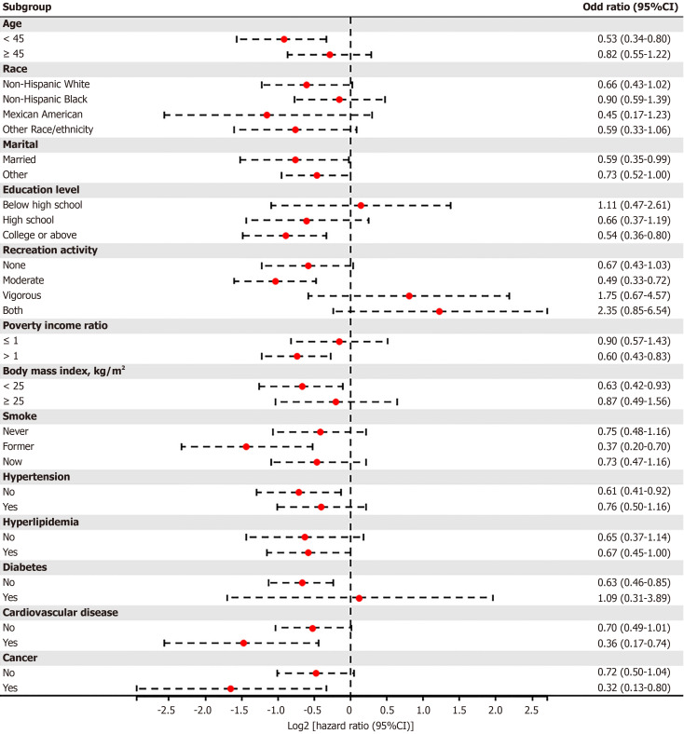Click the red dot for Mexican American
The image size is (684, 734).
coord(267,115)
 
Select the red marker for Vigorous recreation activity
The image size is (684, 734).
coord(409,296)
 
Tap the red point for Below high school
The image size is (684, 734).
coord(361,206)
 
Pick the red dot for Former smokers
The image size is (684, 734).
coord(246,446)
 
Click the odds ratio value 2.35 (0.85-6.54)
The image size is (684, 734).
coord(634,310)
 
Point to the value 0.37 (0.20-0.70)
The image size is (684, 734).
coord(634,446)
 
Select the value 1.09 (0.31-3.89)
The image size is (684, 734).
coord(634,598)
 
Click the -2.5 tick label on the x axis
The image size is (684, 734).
coord(166,710)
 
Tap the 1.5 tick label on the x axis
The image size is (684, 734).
coord(459,710)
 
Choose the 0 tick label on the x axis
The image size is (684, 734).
coord(349,710)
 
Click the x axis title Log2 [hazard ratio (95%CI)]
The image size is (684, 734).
coord(350,726)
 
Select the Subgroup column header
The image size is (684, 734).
coord(27,7)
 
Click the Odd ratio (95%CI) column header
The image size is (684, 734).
coord(630,7)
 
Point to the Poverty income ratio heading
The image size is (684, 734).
coord(55,325)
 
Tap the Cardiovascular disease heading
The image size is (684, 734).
coord(61,612)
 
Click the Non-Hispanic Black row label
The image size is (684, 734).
coord(45,100)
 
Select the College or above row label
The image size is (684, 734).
coord(40,235)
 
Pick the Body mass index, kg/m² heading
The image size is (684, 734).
coord(63,371)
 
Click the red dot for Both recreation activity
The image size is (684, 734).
coord(439,311)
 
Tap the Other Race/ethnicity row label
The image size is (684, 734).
coord(48,129)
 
